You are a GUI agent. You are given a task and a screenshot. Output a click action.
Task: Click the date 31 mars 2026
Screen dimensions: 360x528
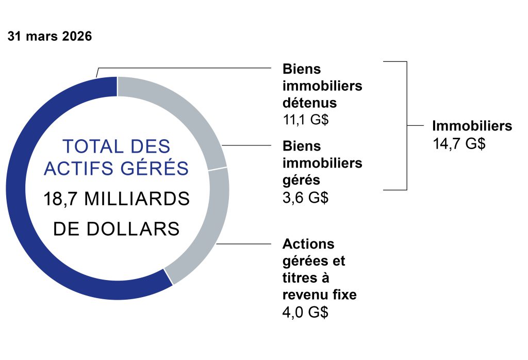[49, 37]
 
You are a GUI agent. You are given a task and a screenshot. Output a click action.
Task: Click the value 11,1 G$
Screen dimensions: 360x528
[306, 120]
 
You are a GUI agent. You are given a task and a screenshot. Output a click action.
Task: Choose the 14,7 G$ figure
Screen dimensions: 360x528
[459, 144]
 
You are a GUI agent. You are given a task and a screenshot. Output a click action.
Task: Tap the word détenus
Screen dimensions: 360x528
[309, 103]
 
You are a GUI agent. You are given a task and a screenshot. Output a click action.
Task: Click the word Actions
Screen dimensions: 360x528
[308, 243]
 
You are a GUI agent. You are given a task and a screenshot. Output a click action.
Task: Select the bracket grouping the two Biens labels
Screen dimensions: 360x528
[407, 126]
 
